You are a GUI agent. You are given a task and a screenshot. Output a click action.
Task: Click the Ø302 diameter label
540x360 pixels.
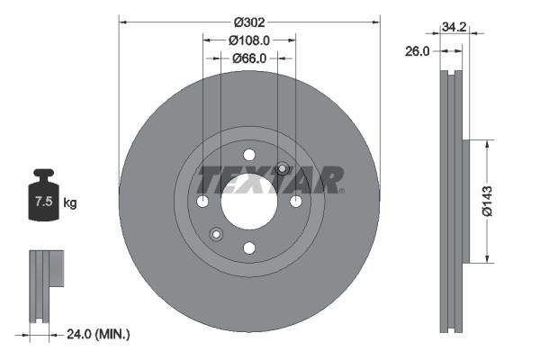click(x=249, y=21)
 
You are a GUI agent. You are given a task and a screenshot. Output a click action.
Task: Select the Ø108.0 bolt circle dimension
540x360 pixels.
click(x=249, y=40)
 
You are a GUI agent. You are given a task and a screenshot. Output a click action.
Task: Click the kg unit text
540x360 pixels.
click(x=70, y=203)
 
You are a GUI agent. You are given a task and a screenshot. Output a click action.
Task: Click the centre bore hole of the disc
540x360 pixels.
click(x=249, y=200)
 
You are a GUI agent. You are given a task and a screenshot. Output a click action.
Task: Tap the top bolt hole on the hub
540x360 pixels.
click(x=249, y=154)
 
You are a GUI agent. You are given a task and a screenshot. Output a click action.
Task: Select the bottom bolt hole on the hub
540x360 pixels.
click(x=249, y=247)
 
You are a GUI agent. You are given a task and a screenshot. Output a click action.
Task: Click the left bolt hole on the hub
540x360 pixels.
click(x=202, y=200)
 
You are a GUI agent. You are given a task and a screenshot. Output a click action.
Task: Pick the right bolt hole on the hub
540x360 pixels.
click(x=296, y=200)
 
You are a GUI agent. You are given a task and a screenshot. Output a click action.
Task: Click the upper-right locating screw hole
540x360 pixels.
click(x=282, y=167)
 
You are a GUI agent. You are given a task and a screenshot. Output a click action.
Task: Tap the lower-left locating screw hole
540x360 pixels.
click(x=216, y=234)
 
